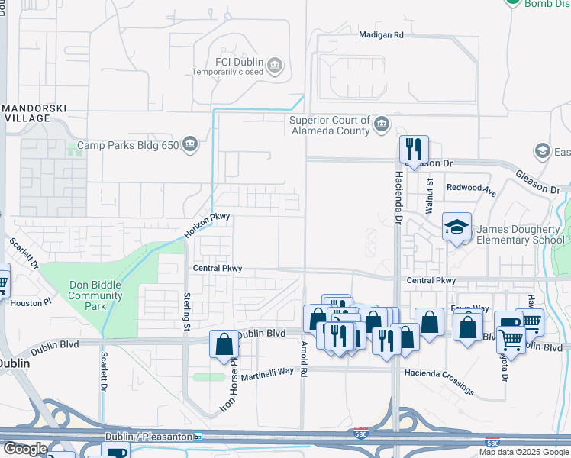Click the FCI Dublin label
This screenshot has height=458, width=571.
[x=240, y=62]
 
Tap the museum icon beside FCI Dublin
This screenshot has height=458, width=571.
[x=276, y=67]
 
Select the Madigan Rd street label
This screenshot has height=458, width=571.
[x=381, y=35]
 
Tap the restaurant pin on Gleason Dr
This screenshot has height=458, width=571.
[x=413, y=150]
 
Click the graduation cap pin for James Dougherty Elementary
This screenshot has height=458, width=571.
[x=456, y=227]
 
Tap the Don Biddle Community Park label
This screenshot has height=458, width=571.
[x=96, y=295]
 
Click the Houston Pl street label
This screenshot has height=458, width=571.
[x=31, y=303]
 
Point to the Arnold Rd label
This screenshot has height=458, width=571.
[x=303, y=363]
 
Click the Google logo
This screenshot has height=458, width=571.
[x=24, y=449]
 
